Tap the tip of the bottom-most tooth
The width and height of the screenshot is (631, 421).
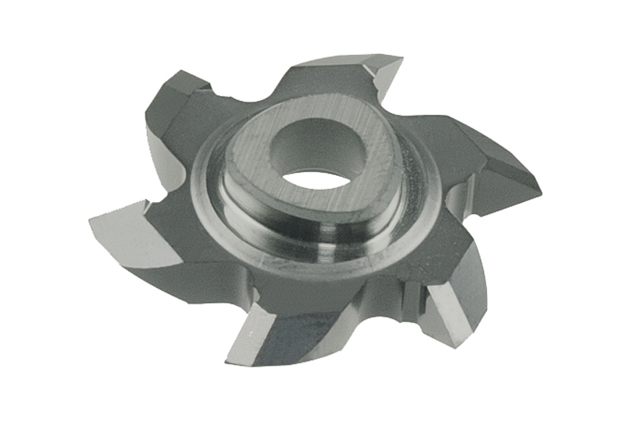coord(226,356)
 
